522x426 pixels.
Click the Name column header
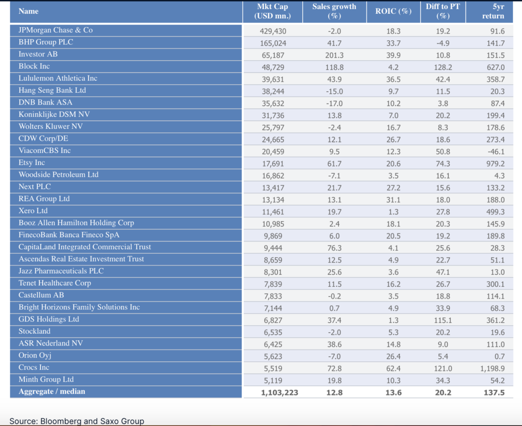pyautogui.click(x=29, y=11)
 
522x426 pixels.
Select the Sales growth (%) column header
pyautogui.click(x=334, y=11)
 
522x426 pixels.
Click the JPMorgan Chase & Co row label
pyautogui.click(x=56, y=30)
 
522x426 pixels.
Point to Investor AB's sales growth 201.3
pyautogui.click(x=334, y=55)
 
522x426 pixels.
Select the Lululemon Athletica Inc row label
pyautogui.click(x=58, y=78)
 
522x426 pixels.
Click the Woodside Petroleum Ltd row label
pyautogui.click(x=59, y=175)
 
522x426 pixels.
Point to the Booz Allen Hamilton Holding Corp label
pyautogui.click(x=75, y=223)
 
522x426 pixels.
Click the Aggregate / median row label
pyautogui.click(x=52, y=392)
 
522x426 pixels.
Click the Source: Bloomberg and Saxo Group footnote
pyautogui.click(x=76, y=421)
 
